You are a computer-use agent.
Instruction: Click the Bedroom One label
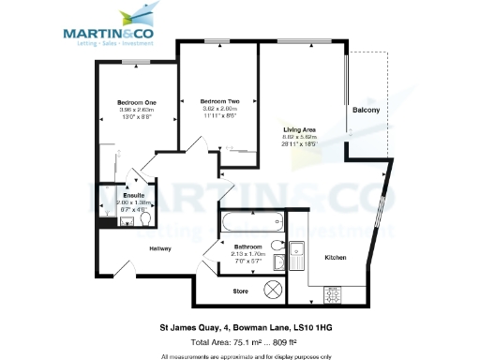pos(137,102)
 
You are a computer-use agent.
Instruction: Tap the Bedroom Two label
pos(219,100)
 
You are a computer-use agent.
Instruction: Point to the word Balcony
pos(366,111)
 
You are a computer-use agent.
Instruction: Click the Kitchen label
pos(336,256)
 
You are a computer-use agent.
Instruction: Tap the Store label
pos(240,291)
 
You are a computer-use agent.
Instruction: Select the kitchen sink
pos(296,254)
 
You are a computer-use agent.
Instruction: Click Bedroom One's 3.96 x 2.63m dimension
pos(137,110)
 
